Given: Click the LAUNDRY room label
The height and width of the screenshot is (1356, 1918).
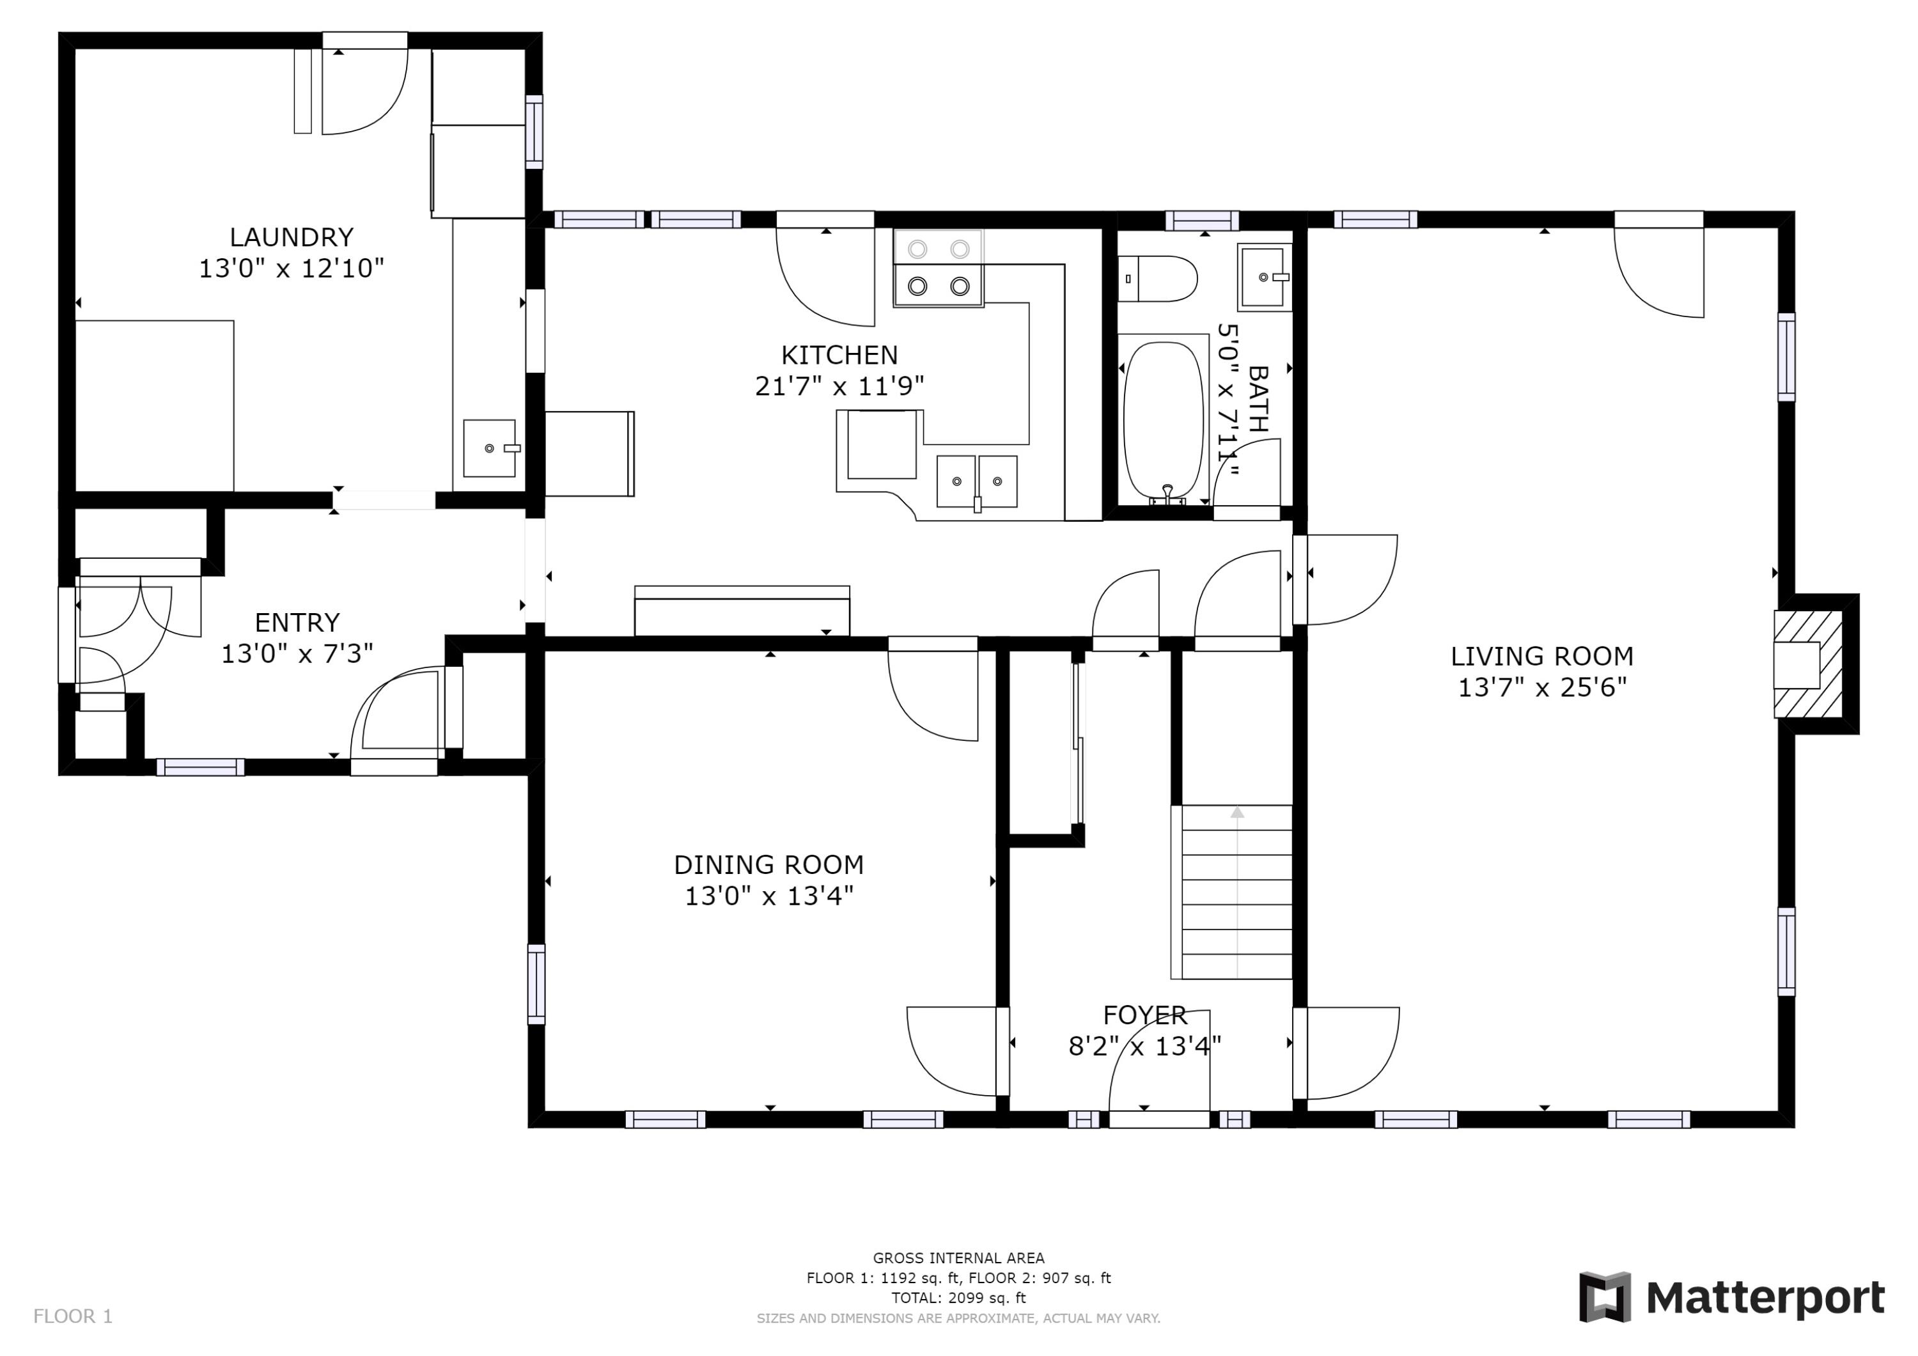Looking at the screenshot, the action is click(292, 237).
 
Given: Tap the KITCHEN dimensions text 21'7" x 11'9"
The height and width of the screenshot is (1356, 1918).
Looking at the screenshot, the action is click(839, 386).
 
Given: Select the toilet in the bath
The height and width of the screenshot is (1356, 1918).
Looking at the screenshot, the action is click(1157, 279).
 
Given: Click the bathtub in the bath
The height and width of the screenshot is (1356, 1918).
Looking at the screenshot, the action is click(1163, 420).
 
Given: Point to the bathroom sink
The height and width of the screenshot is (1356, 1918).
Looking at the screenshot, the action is click(1265, 277).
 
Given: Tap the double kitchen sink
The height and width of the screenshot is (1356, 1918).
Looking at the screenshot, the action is click(976, 481).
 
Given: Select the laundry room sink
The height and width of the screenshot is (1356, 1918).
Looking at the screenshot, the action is click(490, 448).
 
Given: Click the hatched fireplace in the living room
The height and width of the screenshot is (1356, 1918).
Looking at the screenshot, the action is click(1809, 665).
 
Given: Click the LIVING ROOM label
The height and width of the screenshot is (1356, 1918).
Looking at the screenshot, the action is click(1542, 657).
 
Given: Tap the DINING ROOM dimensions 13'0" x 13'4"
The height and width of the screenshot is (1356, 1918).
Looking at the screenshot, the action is click(769, 896).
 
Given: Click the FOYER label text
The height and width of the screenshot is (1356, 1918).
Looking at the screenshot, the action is click(1144, 1015).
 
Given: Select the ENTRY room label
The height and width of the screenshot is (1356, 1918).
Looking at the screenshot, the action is click(297, 623).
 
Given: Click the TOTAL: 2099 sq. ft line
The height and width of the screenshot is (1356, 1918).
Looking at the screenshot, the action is click(958, 1298).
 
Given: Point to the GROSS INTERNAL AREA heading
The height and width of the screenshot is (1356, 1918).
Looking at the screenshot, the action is click(958, 1258).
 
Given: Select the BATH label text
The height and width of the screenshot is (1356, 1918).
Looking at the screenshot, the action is click(1257, 398).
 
